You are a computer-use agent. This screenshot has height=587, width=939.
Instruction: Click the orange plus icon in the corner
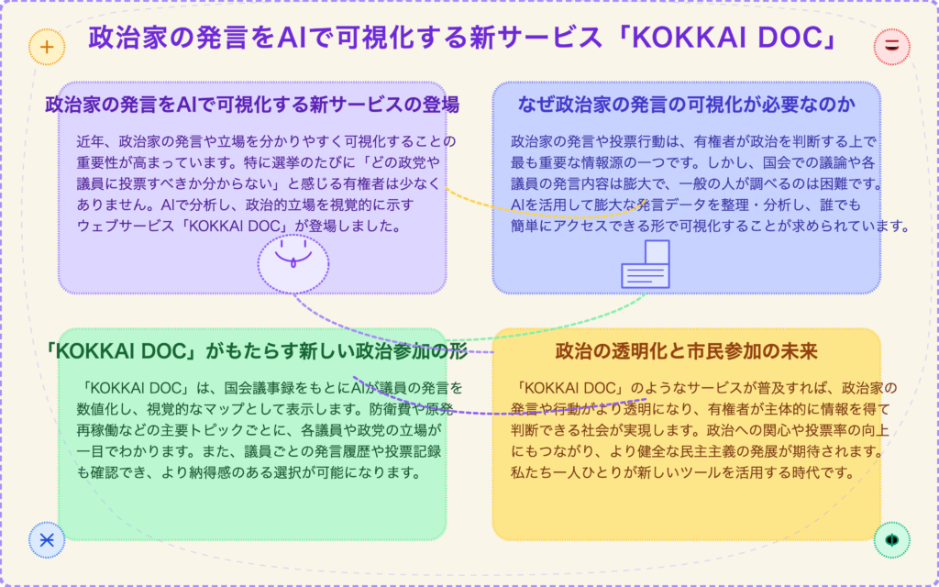pyautogui.click(x=47, y=47)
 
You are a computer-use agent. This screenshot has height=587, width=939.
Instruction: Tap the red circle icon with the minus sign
pyautogui.click(x=891, y=46)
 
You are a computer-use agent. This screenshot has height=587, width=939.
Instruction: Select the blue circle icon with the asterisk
pyautogui.click(x=47, y=539)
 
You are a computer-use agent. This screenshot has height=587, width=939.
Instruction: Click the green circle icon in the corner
pyautogui.click(x=891, y=539)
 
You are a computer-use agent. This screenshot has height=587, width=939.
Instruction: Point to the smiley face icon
pyautogui.click(x=293, y=264)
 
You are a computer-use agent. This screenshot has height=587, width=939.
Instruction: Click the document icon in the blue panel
pyautogui.click(x=646, y=264)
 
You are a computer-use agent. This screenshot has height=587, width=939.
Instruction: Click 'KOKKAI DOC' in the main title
pyautogui.click(x=726, y=38)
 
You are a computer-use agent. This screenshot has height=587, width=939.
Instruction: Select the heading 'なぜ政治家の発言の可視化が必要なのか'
pyautogui.click(x=686, y=105)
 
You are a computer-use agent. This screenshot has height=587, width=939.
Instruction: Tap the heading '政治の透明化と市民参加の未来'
pyautogui.click(x=686, y=351)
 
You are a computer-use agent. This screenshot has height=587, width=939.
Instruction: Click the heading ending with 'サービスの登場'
pyautogui.click(x=252, y=105)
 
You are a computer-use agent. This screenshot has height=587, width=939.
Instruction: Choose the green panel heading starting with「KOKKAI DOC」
pyautogui.click(x=255, y=351)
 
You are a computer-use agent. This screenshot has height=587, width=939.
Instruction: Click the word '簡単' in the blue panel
pyautogui.click(x=524, y=227)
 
